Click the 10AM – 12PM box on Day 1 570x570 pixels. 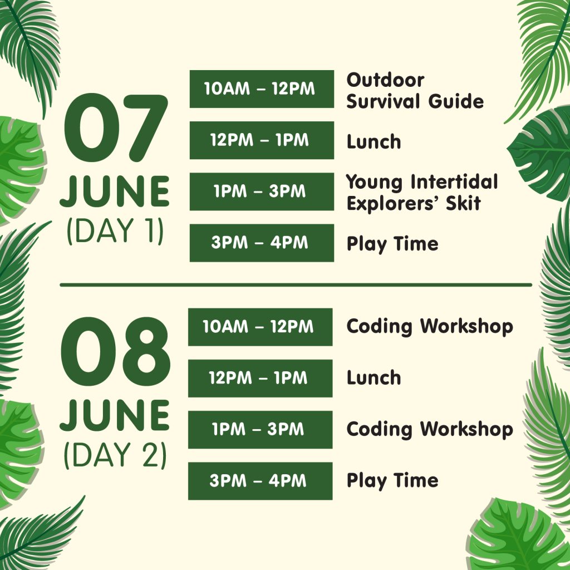(x=262, y=89)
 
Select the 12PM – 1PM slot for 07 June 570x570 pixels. (x=262, y=140)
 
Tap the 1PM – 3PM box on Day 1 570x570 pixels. (x=262, y=191)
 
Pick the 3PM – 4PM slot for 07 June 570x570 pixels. (x=262, y=243)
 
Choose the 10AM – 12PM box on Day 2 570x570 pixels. (x=261, y=327)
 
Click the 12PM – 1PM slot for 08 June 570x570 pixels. (x=261, y=378)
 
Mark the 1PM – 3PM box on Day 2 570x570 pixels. (x=261, y=429)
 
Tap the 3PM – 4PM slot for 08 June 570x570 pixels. (x=261, y=481)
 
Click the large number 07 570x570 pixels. (x=116, y=127)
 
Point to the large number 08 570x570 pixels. (x=115, y=352)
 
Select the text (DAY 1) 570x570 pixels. (x=115, y=231)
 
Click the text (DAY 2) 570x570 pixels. (x=115, y=455)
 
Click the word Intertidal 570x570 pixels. (x=454, y=182)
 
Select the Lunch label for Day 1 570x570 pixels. (x=374, y=141)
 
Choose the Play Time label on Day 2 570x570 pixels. (x=392, y=481)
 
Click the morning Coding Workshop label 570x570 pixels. (x=430, y=326)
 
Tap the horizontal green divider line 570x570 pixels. (x=296, y=285)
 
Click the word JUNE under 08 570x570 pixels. (x=115, y=415)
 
